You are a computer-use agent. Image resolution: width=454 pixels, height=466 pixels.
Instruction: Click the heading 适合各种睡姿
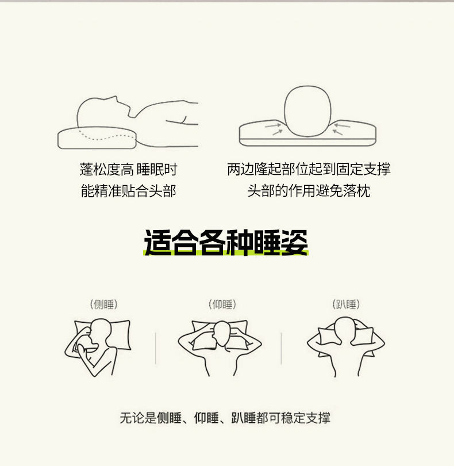coord(226,242)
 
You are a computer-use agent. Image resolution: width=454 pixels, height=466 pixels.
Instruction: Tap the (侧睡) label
coord(104,304)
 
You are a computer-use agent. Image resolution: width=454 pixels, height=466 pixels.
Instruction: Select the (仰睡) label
coord(222,304)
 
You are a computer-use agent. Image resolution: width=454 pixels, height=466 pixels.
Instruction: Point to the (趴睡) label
coord(346,304)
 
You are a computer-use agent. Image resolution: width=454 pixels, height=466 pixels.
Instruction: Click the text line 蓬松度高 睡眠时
coord(128,169)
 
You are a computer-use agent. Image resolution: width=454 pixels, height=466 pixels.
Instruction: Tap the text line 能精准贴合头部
coord(128,191)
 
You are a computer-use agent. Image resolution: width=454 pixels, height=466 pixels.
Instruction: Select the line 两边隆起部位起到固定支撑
coord(309,169)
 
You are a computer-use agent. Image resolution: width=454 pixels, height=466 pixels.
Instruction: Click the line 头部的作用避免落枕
coord(309,191)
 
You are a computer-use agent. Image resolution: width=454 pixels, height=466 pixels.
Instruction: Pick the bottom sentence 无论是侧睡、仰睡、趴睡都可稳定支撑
coord(225,418)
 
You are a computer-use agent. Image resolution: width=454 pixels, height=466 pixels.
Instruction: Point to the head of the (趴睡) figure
coord(344,330)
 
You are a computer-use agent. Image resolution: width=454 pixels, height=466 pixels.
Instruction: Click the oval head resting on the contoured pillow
coord(307,112)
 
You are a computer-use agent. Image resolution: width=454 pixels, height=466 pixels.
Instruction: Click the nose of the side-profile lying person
coord(115,97)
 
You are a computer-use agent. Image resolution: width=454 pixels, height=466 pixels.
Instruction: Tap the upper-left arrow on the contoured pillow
coord(272,126)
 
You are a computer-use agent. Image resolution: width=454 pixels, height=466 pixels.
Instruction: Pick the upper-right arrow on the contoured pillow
coord(342,126)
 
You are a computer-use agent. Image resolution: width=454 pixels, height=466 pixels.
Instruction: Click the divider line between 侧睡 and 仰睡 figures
coord(156,349)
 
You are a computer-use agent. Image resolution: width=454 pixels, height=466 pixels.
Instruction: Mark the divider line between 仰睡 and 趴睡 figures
coord(281,349)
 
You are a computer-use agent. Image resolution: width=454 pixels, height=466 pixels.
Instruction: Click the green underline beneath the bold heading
coord(226,253)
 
